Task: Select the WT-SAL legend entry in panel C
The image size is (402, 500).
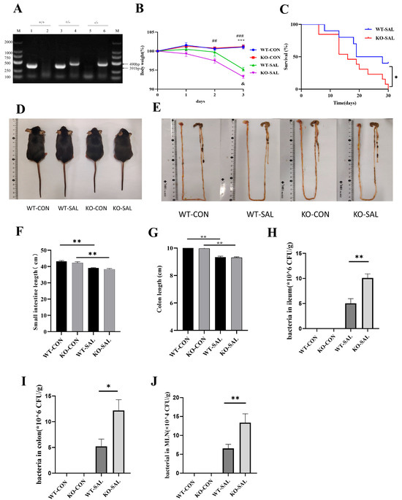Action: point(376,32)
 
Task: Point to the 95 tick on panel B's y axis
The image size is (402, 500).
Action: point(151,71)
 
